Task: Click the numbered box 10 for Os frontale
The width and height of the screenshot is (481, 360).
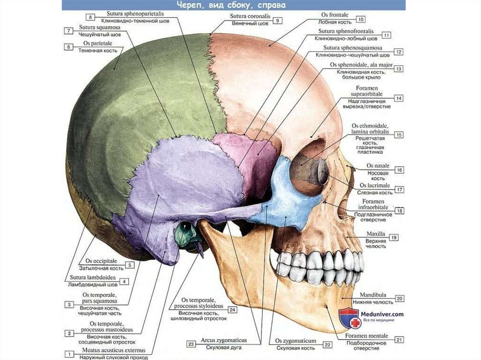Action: coord(361,19)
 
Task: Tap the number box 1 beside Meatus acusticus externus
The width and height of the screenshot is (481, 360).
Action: coord(69,354)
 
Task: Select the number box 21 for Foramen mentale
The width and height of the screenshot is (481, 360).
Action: coord(400,340)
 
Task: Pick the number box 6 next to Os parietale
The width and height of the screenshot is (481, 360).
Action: coord(69,47)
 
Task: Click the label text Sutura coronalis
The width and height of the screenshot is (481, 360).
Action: coord(249,17)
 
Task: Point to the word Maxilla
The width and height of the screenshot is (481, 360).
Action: coord(375,234)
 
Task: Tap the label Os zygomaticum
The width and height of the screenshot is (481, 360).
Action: coord(296,341)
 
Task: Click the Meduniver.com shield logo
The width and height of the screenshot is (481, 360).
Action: coord(349,318)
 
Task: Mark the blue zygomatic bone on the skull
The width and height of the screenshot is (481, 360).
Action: coord(287,197)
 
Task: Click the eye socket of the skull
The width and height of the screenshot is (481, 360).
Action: coord(308,171)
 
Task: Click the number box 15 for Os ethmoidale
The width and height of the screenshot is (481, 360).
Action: coord(399,135)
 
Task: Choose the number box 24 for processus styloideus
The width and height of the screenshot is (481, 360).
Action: coord(233,310)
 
